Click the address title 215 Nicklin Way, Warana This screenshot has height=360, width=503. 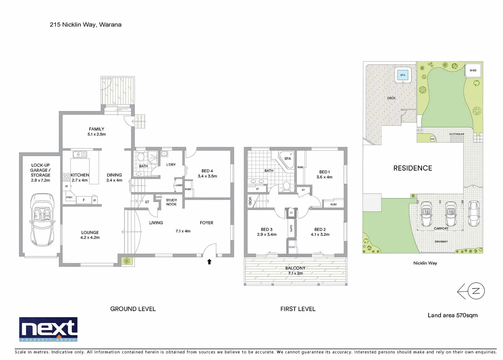pyautogui.click(x=85, y=25)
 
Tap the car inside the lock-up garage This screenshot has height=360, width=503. pyautogui.click(x=42, y=220)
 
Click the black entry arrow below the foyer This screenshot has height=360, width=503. pyautogui.click(x=209, y=262)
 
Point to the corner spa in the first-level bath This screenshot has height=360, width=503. pyautogui.click(x=287, y=158)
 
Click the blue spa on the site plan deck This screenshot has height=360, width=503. pyautogui.click(x=403, y=75)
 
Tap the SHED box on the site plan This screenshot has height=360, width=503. pyautogui.click(x=473, y=70)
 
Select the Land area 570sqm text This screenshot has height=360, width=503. pyautogui.click(x=452, y=315)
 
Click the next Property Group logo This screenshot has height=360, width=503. pyautogui.click(x=48, y=329)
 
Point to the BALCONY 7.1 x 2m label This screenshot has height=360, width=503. pyautogui.click(x=295, y=271)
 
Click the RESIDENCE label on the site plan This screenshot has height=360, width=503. pyautogui.click(x=413, y=168)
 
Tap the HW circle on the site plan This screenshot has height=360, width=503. pyautogui.click(x=433, y=139)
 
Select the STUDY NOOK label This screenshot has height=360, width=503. pyautogui.click(x=171, y=202)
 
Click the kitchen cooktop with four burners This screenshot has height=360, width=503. pyautogui.click(x=66, y=177)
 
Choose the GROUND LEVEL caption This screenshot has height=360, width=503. pyautogui.click(x=133, y=309)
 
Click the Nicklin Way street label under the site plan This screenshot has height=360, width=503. pyautogui.click(x=425, y=263)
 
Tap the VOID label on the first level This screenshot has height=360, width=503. pyautogui.click(x=250, y=201)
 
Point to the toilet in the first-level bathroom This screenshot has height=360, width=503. pyautogui.click(x=287, y=186)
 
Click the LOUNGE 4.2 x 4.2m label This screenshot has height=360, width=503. pyautogui.click(x=90, y=235)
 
